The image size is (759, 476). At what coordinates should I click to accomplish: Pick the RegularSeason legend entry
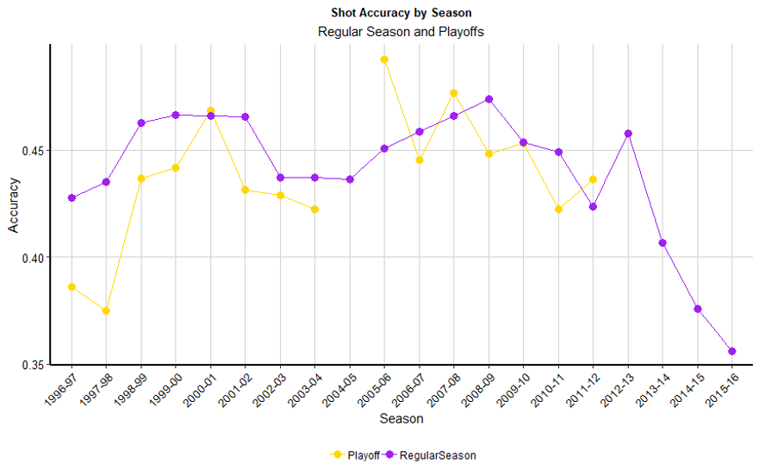tap(434, 454)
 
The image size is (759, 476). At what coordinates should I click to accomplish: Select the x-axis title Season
tap(401, 419)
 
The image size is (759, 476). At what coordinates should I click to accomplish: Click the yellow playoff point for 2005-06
tap(384, 60)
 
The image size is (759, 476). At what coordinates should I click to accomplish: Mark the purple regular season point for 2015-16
tap(732, 351)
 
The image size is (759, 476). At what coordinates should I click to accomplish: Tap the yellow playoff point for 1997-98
tap(106, 310)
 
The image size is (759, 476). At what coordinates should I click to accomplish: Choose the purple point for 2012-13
tap(628, 134)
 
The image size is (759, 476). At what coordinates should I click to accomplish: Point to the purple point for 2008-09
tap(489, 99)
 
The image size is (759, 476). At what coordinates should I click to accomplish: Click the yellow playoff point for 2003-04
tap(314, 209)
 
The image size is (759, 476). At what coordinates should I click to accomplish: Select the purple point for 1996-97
tap(72, 198)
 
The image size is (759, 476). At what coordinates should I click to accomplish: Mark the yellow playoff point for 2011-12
tap(593, 179)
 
